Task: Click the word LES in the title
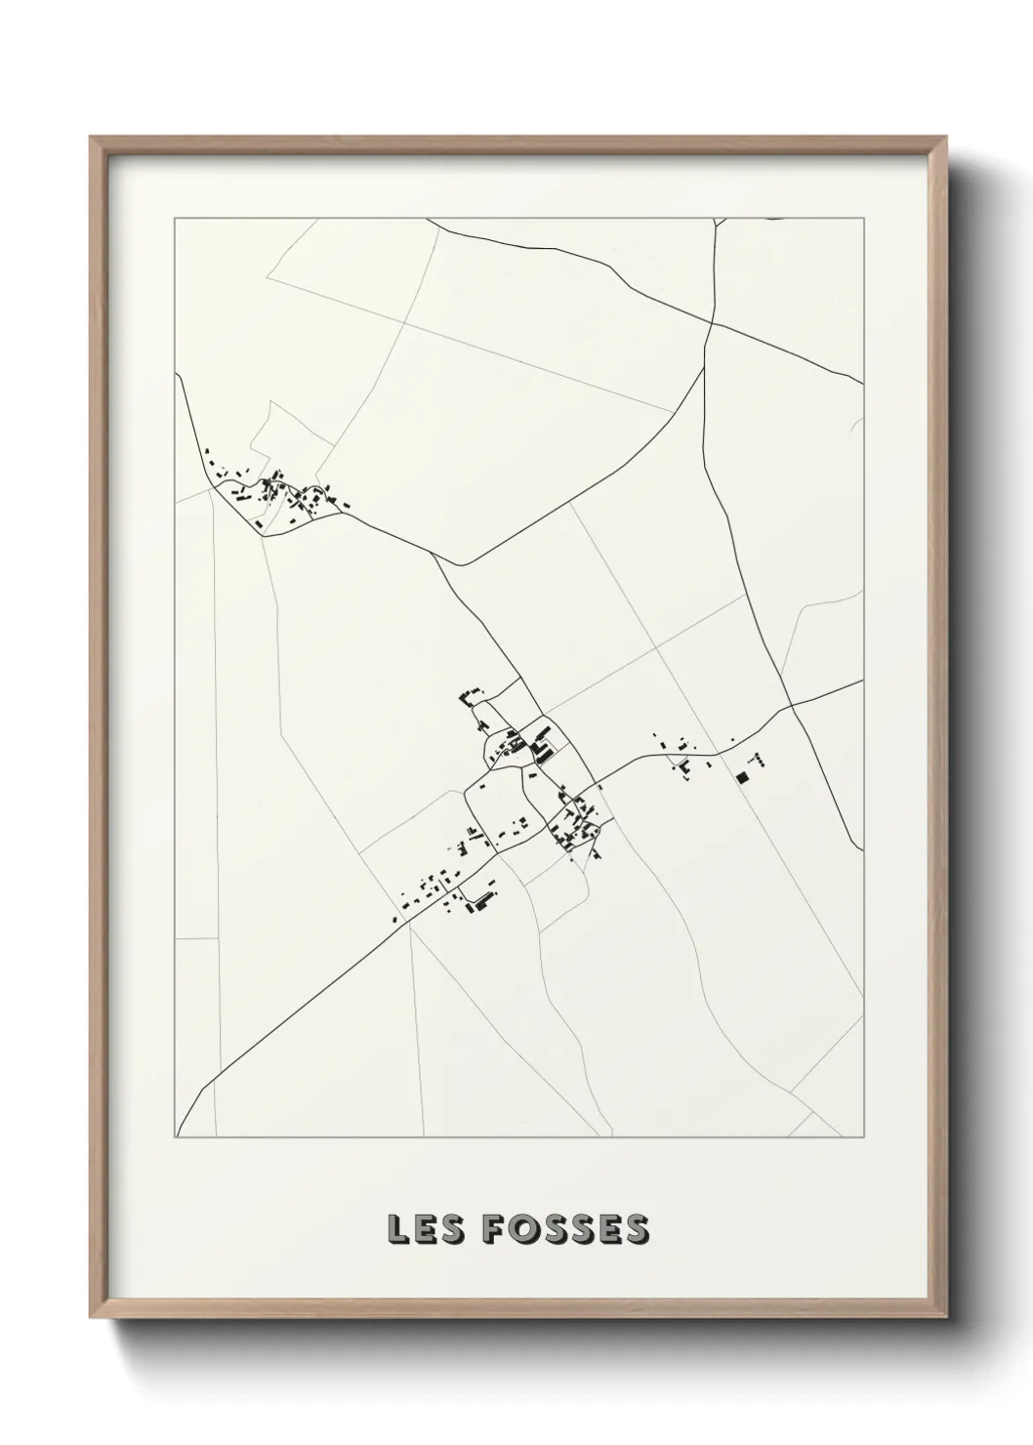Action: click(x=423, y=1229)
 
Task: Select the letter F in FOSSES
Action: click(x=492, y=1229)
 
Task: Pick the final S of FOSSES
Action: click(x=636, y=1229)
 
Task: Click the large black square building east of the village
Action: click(x=742, y=778)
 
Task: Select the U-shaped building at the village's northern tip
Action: click(x=471, y=696)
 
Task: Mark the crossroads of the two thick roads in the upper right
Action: click(x=713, y=322)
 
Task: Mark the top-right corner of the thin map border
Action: click(x=863, y=218)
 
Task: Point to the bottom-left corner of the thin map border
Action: click(x=175, y=1138)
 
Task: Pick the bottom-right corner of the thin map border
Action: click(x=863, y=1138)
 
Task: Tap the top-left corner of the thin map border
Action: click(x=175, y=218)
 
